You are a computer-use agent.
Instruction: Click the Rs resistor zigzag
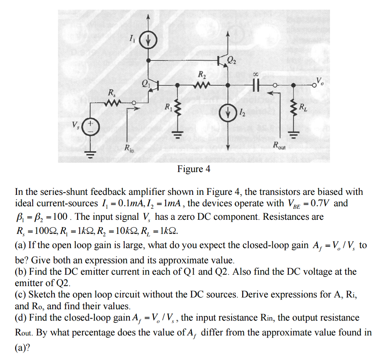click(x=113, y=102)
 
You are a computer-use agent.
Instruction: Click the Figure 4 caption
click(x=194, y=169)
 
